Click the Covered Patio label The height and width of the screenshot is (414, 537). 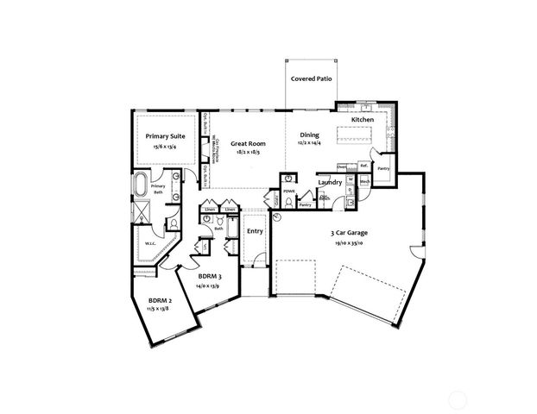coord(313,78)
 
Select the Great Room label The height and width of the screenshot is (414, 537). coord(247,144)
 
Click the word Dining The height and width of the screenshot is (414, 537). coord(309,135)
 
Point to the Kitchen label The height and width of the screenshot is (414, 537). coord(362,118)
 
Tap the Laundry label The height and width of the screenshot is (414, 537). coord(331,182)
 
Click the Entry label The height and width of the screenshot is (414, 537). coord(255,230)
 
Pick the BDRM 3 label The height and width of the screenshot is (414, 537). coord(207,276)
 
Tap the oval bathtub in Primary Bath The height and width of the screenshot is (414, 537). coord(142,185)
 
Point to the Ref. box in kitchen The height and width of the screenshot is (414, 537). coord(364,166)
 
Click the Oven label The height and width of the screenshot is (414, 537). coord(343,166)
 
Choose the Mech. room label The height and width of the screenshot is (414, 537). coord(364,182)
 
